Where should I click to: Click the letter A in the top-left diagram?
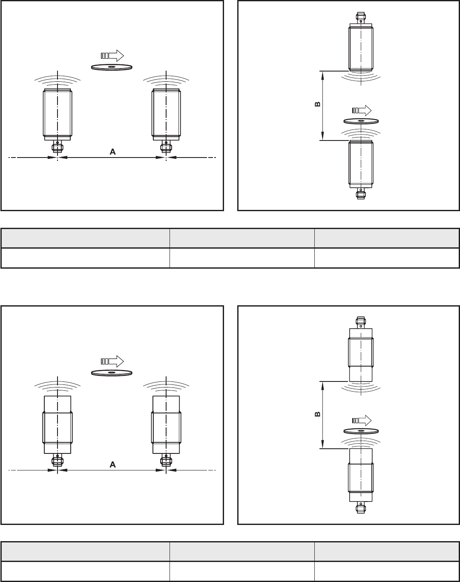(x=112, y=152)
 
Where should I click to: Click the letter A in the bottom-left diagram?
(x=112, y=464)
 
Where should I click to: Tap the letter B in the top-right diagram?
(x=318, y=104)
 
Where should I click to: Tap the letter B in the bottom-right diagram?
(x=318, y=414)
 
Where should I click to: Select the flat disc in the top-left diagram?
(x=112, y=67)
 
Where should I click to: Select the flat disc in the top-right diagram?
(x=361, y=121)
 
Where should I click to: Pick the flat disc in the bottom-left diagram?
(x=112, y=373)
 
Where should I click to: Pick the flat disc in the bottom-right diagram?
(x=361, y=431)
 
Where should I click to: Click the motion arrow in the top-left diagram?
(x=112, y=56)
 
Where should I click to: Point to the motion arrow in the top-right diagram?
(x=362, y=110)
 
